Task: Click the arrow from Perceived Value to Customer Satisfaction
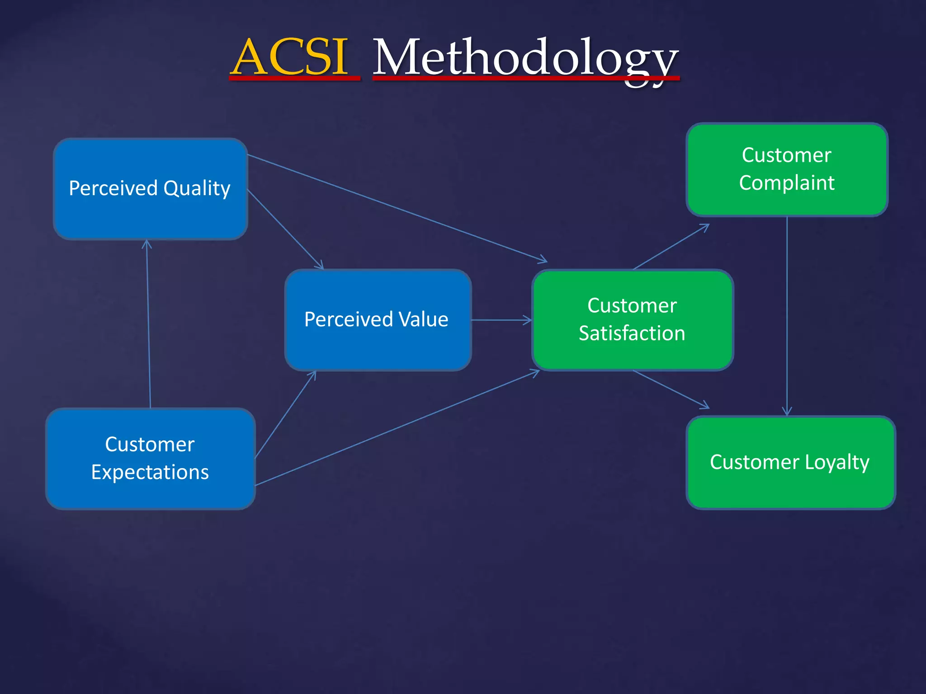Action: point(501,320)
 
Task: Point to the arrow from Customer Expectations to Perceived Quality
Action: point(148,325)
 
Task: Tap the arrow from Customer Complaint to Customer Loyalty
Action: point(787,316)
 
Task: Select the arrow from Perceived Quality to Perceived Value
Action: point(286,230)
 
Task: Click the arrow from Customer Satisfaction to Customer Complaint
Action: point(671,247)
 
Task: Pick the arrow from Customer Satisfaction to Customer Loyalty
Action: point(671,389)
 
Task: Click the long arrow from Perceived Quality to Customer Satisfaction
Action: point(398,208)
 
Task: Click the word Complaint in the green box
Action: point(787,183)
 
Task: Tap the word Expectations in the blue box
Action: point(150,473)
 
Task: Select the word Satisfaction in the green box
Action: point(632,333)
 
